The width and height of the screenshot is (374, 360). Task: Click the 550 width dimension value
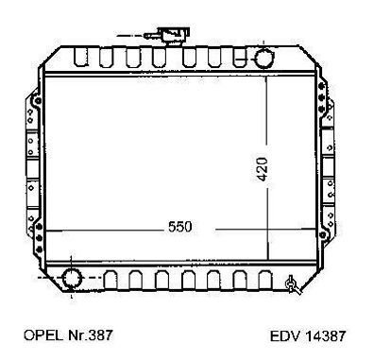(x=179, y=227)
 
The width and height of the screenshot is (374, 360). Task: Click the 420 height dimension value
(x=262, y=169)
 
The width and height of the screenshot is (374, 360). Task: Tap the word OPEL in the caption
(x=43, y=335)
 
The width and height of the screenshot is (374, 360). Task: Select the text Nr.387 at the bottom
(x=90, y=335)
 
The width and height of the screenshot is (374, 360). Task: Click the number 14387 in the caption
(x=325, y=336)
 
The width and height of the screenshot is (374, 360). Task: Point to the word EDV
(x=285, y=336)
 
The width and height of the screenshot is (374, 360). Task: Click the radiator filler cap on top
(x=174, y=36)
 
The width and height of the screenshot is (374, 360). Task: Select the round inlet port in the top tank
(x=264, y=59)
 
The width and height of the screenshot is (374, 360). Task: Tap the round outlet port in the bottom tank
(x=72, y=279)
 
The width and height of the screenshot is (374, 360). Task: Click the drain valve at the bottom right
(x=293, y=284)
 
